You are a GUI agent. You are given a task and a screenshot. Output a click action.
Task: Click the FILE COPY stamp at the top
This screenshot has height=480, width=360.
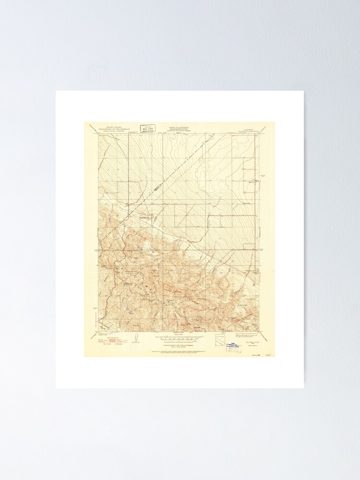[147, 128]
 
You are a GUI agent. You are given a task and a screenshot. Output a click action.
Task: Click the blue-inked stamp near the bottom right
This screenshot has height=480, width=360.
[234, 348]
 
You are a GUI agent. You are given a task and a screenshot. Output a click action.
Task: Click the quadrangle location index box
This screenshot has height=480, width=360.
[220, 338]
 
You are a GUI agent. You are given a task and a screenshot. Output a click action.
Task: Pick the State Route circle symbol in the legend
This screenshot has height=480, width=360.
[117, 344]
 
